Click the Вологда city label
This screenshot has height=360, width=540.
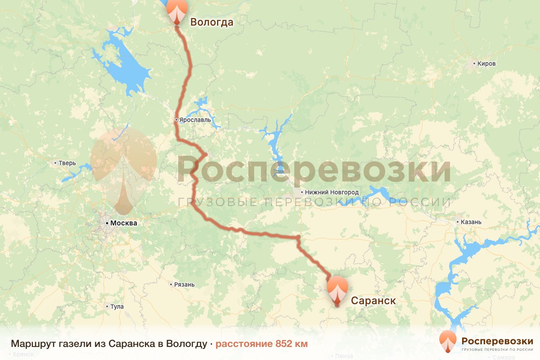(x=211, y=22)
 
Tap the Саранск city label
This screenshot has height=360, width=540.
(x=373, y=300)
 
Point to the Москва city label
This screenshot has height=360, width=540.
(x=123, y=223)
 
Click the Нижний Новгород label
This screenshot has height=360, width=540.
(x=332, y=192)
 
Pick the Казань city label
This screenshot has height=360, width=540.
(x=471, y=222)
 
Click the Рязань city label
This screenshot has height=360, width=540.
(x=184, y=284)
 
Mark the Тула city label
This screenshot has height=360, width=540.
(x=117, y=307)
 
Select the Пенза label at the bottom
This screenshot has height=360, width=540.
(x=344, y=356)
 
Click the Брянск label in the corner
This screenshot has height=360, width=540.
(x=24, y=355)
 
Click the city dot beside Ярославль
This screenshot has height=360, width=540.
(x=177, y=120)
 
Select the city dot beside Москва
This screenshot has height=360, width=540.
(x=107, y=223)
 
